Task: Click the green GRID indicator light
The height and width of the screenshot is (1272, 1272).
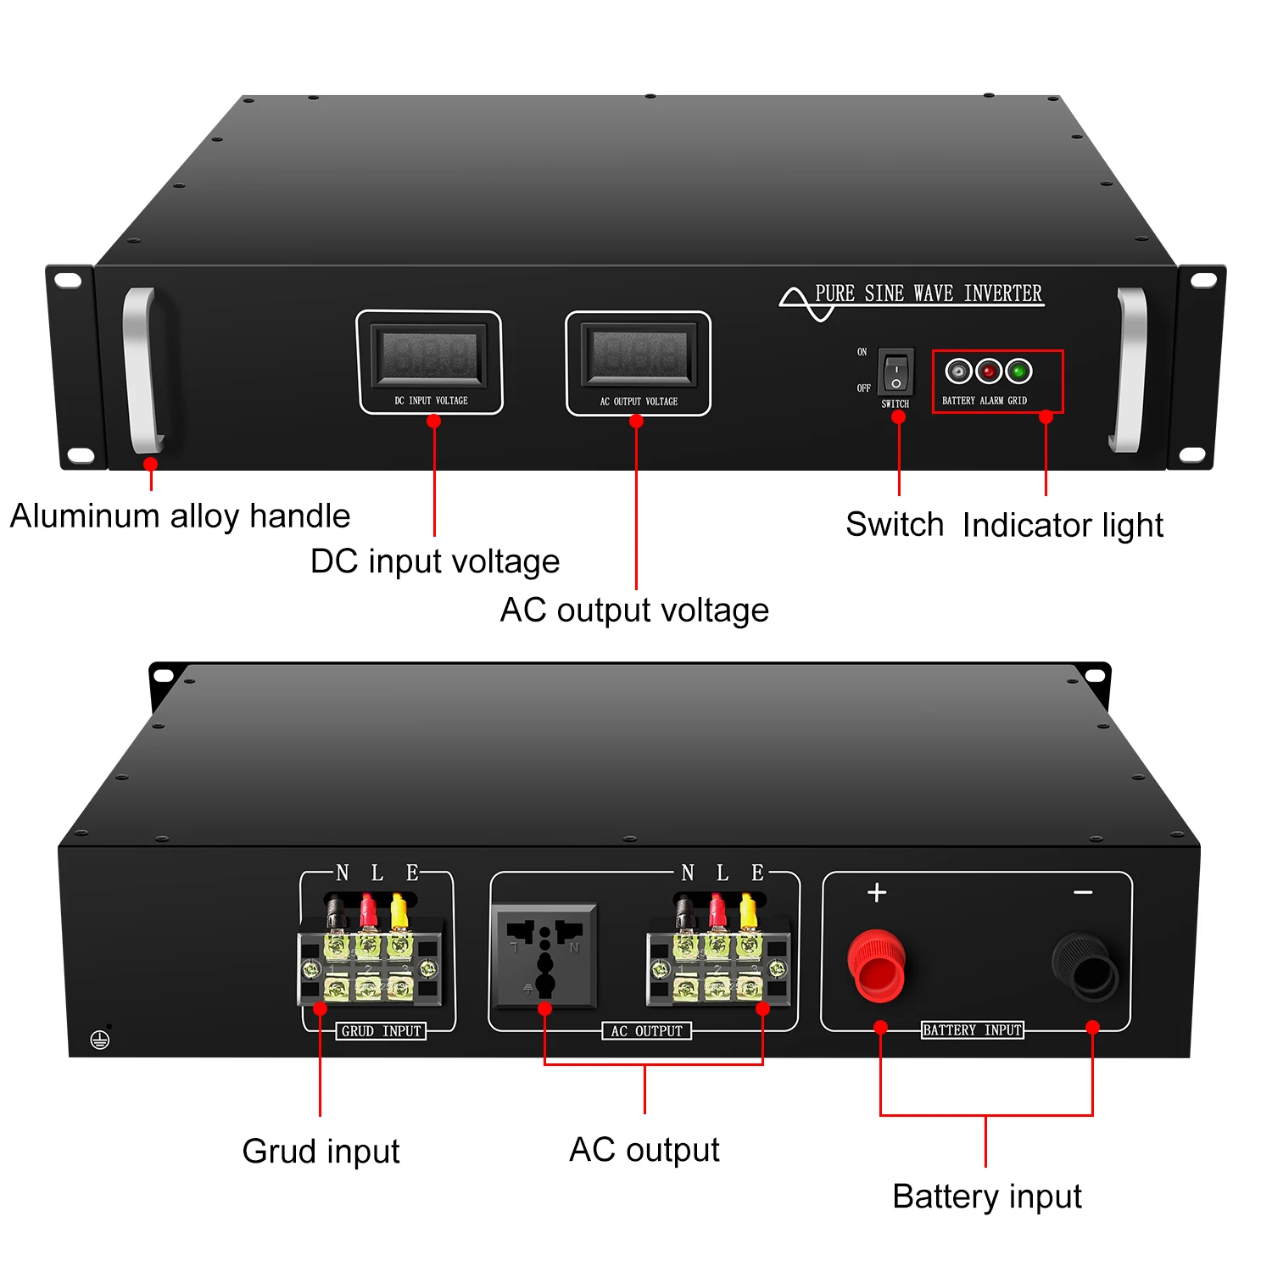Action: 1018,371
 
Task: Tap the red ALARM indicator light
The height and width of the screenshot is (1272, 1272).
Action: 989,371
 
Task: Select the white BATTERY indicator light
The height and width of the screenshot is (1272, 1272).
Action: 958,371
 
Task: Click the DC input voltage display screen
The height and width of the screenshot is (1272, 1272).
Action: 430,356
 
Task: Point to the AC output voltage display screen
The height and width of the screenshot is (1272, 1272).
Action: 639,356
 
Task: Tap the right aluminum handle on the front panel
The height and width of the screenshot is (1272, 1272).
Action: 1128,370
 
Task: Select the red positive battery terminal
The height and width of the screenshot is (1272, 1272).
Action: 877,965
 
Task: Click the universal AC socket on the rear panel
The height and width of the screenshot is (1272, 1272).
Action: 545,956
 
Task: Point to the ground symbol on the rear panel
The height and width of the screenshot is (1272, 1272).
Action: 100,1040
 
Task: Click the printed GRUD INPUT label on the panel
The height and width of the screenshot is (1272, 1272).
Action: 382,1031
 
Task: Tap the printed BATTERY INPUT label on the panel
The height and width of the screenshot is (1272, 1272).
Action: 973,1030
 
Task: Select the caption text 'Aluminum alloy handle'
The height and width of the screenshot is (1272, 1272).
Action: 180,516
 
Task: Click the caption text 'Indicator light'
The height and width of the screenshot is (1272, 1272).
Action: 1063,526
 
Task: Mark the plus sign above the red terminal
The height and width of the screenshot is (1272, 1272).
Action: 877,892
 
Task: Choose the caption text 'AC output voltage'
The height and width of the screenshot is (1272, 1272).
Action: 634,611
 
